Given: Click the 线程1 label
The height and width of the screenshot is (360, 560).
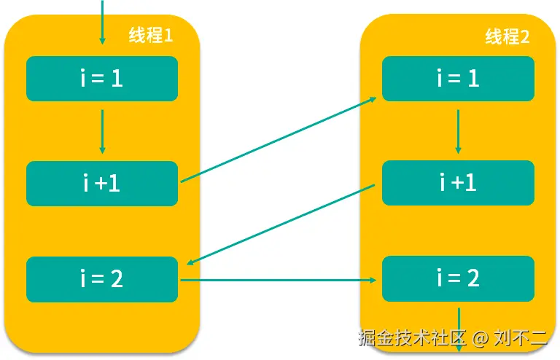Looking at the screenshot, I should [151, 35].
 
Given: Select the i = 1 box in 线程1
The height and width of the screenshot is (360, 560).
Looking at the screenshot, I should [102, 79].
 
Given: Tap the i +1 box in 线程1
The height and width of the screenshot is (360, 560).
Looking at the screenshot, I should [102, 184].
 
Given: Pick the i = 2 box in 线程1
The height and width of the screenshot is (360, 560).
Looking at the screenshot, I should [102, 279].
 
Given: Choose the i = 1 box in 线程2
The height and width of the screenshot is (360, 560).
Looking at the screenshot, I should [458, 79].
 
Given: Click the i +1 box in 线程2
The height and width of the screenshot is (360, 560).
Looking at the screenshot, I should [458, 183].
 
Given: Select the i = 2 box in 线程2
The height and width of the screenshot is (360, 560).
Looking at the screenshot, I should [458, 279].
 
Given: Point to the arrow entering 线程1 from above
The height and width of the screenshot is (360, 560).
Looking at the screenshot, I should [102, 22].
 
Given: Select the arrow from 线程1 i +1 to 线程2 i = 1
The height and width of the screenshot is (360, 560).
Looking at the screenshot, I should [277, 139].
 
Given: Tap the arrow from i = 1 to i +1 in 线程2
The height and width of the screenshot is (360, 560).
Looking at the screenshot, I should [458, 131].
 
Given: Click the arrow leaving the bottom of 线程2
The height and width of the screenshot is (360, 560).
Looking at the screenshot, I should [459, 328].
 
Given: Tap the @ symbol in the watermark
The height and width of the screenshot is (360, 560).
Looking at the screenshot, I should [479, 339].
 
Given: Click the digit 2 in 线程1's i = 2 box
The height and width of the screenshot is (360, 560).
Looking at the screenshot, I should [117, 279].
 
